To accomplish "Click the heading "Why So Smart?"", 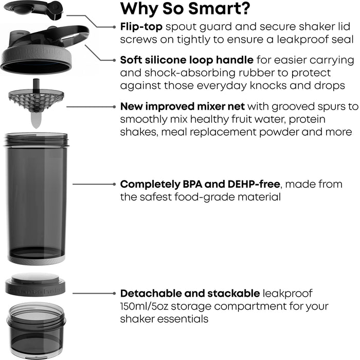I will point(186,9).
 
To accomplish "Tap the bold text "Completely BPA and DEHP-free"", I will point(200,184).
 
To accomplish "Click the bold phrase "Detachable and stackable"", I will point(190,293).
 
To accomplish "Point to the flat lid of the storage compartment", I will point(35,284).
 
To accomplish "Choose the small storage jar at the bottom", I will point(35,329).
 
